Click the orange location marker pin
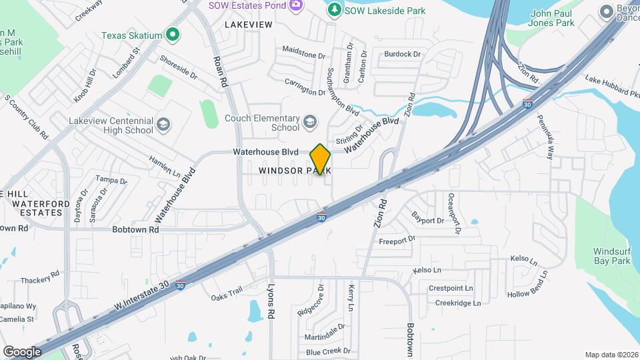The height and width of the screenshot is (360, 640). click(321, 159)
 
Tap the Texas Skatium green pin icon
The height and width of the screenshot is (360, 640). click(173, 34)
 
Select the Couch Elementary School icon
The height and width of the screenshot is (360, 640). click(309, 121)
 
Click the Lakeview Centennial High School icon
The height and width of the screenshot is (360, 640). click(163, 125)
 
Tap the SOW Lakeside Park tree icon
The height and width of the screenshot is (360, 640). click(334, 9)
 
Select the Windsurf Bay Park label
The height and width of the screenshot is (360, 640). click(612, 256)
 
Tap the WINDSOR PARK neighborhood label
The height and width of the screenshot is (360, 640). click(295, 171)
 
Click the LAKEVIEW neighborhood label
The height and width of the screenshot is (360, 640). click(249, 24)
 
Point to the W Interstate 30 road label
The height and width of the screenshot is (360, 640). click(141, 294)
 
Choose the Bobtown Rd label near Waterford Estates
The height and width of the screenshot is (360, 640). click(135, 229)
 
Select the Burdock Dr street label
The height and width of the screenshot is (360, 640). click(403, 54)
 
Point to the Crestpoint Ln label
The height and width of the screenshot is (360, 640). click(450, 289)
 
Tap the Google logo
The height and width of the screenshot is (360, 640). click(22, 351)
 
